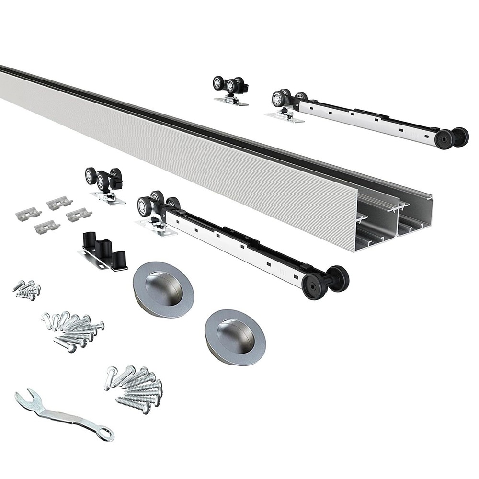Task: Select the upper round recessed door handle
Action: [x=163, y=289]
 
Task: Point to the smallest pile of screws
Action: [x=27, y=290]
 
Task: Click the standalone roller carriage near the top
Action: [x=230, y=90]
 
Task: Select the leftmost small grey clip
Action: [x=29, y=214]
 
